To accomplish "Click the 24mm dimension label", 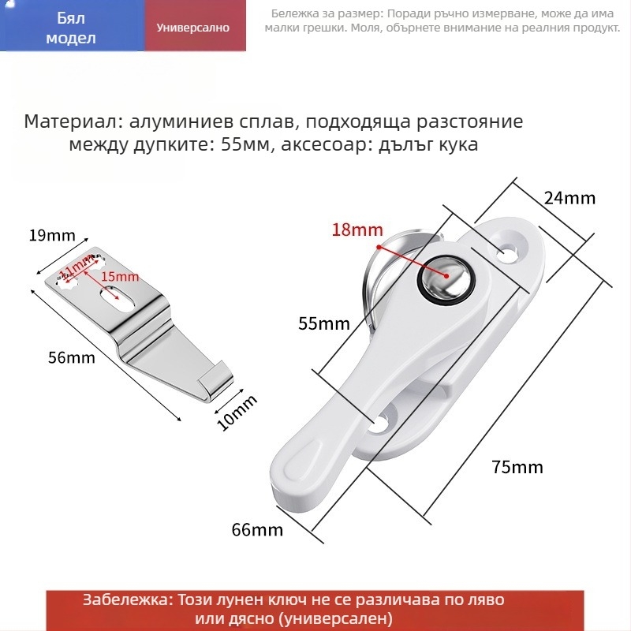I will pos(569,198).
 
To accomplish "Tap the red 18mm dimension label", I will pos(357,230).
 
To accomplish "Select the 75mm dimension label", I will pos(517,467).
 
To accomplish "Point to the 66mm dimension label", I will pos(257,530).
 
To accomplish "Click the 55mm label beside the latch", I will pos(323,323).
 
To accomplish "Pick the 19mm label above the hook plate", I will pos(52,235).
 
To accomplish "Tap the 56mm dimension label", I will pos(72,358).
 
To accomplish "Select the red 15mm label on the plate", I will pos(121,277).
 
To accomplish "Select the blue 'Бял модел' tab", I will pos(72,28).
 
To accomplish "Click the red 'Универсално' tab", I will pos(193,28).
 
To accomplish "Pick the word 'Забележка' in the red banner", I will pos(126,600).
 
